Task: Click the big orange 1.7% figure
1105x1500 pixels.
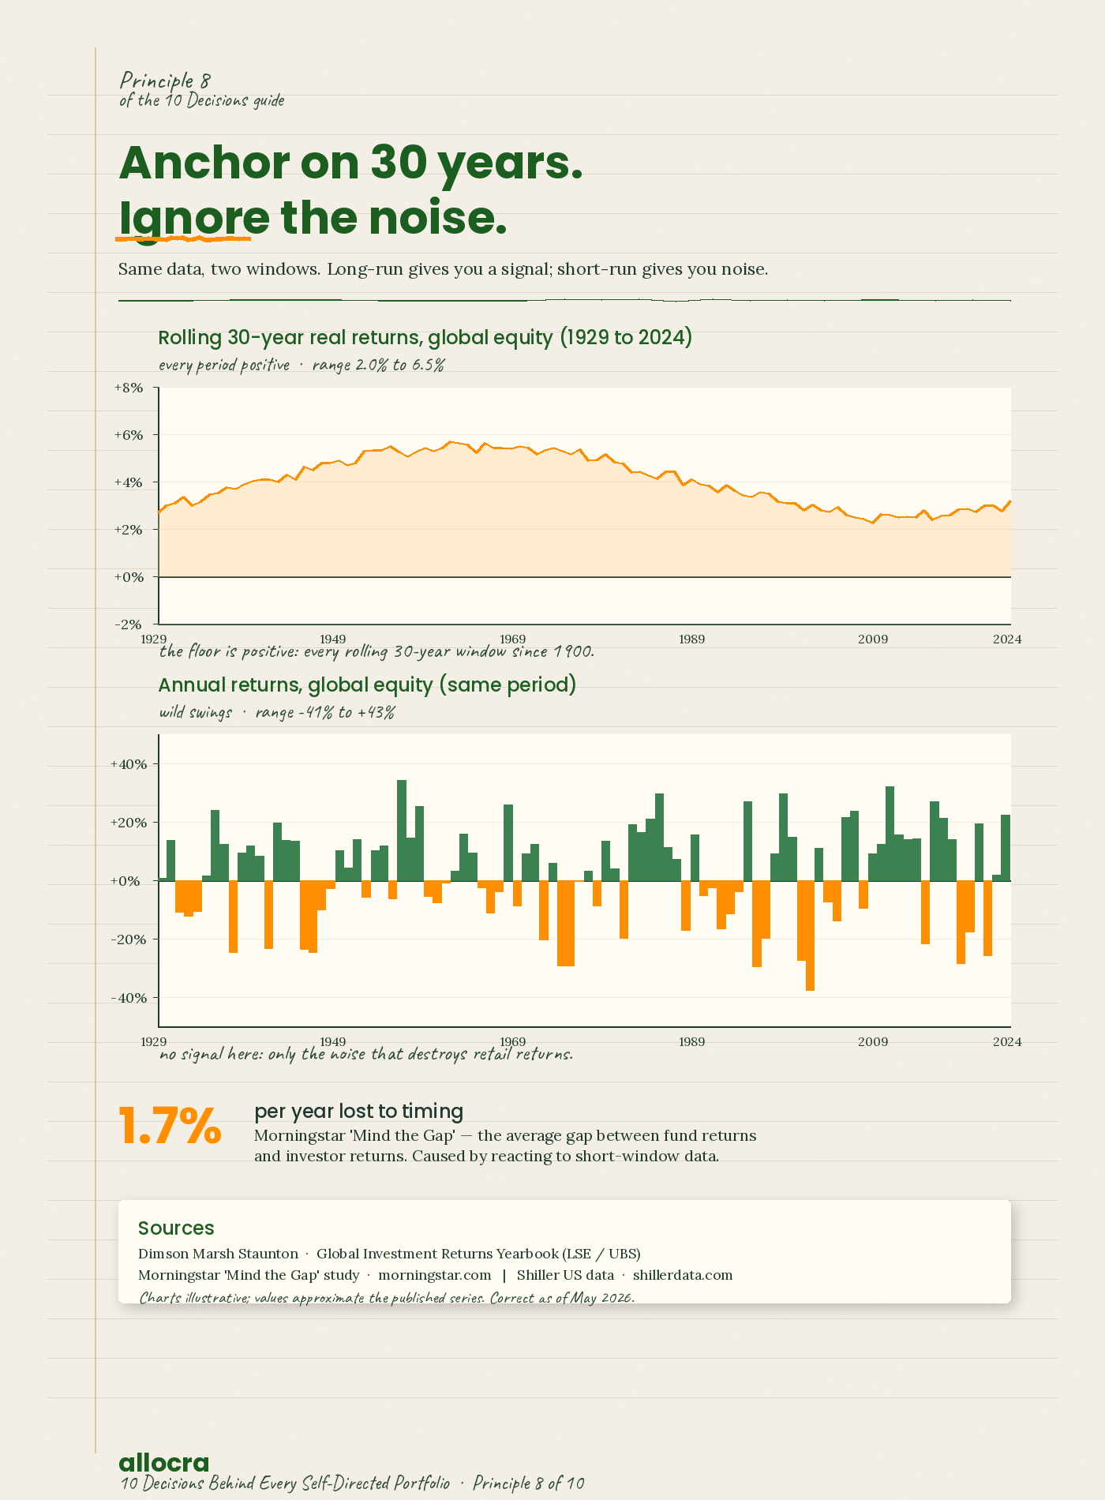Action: pyautogui.click(x=170, y=1127)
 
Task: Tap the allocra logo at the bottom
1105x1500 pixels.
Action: pyautogui.click(x=164, y=1462)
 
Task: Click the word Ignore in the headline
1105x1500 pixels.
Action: pyautogui.click(x=194, y=218)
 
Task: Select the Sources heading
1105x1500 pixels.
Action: pyautogui.click(x=176, y=1228)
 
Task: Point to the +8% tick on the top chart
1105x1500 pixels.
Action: pyautogui.click(x=129, y=388)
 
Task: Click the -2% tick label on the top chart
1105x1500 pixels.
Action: pyautogui.click(x=129, y=624)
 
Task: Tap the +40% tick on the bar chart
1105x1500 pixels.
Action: pyautogui.click(x=129, y=764)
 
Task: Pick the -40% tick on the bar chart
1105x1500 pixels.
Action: pyautogui.click(x=129, y=998)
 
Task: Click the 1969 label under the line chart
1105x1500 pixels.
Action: pyautogui.click(x=512, y=639)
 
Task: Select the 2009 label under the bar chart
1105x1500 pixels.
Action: pyautogui.click(x=873, y=1042)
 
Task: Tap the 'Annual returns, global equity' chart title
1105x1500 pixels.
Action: pyautogui.click(x=367, y=685)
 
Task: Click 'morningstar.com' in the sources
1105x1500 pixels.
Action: pyautogui.click(x=435, y=1275)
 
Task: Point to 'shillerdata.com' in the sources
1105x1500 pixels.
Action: pyautogui.click(x=683, y=1275)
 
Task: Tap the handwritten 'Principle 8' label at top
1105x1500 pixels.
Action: pyautogui.click(x=165, y=81)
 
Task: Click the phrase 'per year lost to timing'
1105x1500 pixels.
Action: pyautogui.click(x=358, y=1112)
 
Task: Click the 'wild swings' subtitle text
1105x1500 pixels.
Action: pyautogui.click(x=196, y=712)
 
